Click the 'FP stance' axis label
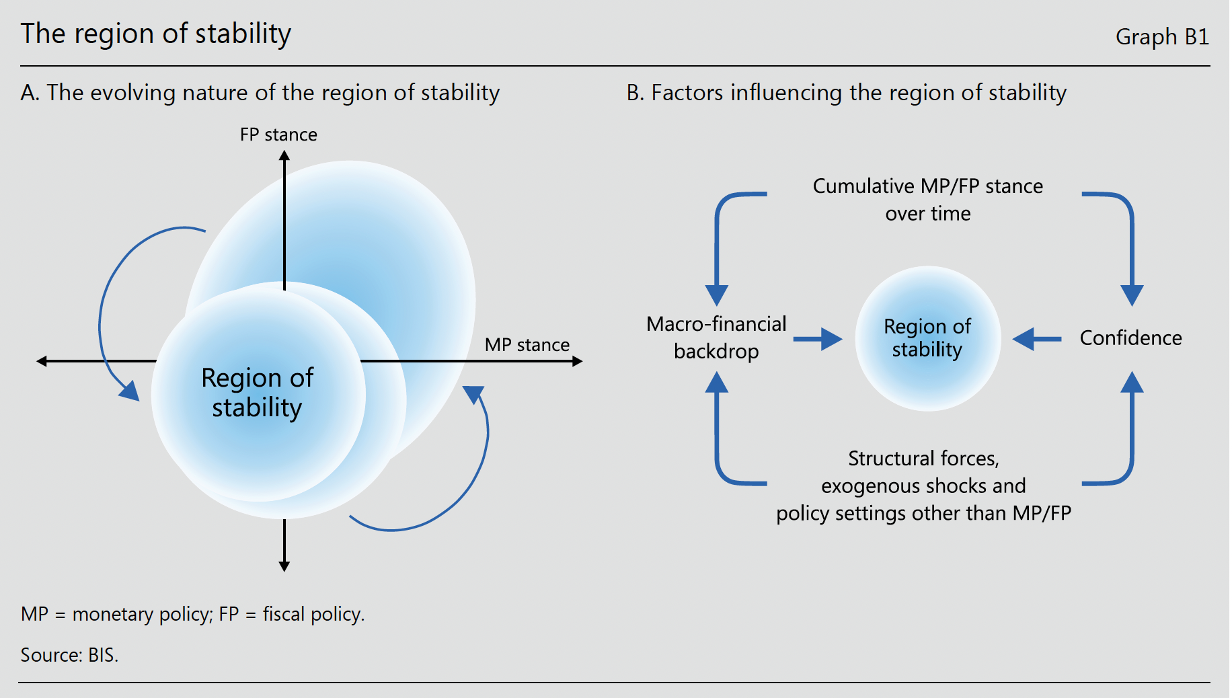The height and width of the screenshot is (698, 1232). [278, 134]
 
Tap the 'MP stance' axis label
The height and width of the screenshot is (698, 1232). [527, 345]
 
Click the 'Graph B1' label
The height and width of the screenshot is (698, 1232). [1162, 36]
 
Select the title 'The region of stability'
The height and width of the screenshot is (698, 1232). [156, 34]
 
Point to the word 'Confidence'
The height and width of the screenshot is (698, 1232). [1131, 338]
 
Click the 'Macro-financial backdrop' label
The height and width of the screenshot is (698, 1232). [716, 338]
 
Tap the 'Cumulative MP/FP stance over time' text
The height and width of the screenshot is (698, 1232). [928, 200]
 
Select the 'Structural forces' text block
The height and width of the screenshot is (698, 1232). [924, 486]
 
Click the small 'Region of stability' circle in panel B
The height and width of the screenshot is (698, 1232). [928, 338]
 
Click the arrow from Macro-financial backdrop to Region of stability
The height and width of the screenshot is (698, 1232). [818, 339]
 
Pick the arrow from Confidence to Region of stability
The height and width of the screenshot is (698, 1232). [1037, 339]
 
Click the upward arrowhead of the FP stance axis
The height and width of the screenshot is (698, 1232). [284, 155]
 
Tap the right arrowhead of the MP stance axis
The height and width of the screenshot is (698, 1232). [578, 361]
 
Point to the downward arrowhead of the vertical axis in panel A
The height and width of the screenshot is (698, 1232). [284, 567]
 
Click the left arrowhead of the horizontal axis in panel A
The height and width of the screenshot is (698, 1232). [42, 361]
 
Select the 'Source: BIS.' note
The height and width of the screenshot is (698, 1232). [69, 655]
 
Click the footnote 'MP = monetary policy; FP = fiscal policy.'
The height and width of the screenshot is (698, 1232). [193, 614]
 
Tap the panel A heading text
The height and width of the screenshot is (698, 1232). [260, 93]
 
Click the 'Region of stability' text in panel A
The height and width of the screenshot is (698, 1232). [258, 393]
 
